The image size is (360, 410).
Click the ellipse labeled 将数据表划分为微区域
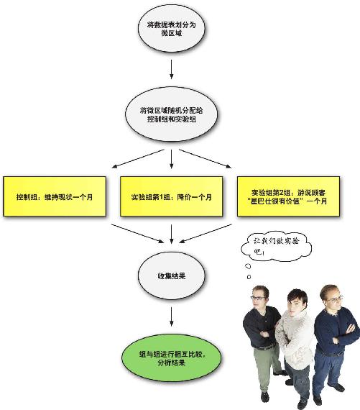pyautogui.click(x=172, y=29)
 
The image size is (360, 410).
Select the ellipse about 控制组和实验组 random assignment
pyautogui.click(x=172, y=114)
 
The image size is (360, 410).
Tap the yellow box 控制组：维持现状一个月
pyautogui.click(x=55, y=196)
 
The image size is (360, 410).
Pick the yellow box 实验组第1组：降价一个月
pyautogui.click(x=172, y=196)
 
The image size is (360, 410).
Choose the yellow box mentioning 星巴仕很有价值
pyautogui.click(x=288, y=196)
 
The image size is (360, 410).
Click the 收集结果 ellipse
pyautogui.click(x=172, y=275)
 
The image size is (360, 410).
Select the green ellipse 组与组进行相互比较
pyautogui.click(x=172, y=358)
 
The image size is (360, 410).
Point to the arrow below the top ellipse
pyautogui.click(x=172, y=69)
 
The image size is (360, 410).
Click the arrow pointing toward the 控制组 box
pyautogui.click(x=138, y=159)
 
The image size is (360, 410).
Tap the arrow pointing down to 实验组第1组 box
pyautogui.click(x=172, y=159)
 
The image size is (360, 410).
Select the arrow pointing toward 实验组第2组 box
pyautogui.click(x=206, y=159)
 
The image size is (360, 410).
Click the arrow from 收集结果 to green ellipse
pyautogui.click(x=172, y=316)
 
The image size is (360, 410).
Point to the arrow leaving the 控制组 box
pyautogui.click(x=138, y=234)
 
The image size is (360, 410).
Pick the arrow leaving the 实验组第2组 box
pyautogui.click(x=206, y=234)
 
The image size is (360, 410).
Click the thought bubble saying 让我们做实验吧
pyautogui.click(x=276, y=246)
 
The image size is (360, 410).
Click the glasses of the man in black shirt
pyautogui.click(x=259, y=298)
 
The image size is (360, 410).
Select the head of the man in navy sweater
pyautogui.click(x=331, y=297)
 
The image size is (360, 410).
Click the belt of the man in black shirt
pyautogui.click(x=264, y=347)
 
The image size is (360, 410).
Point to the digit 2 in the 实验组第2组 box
pyautogui.click(x=281, y=193)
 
